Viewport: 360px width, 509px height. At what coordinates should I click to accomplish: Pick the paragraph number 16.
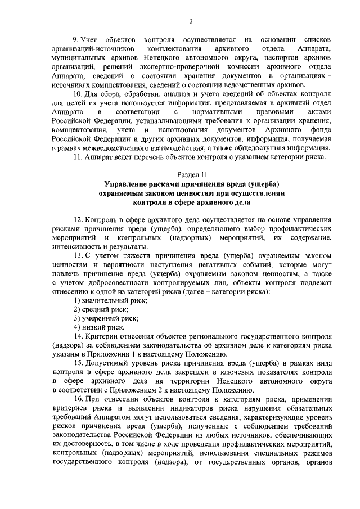click(x=78, y=399)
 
